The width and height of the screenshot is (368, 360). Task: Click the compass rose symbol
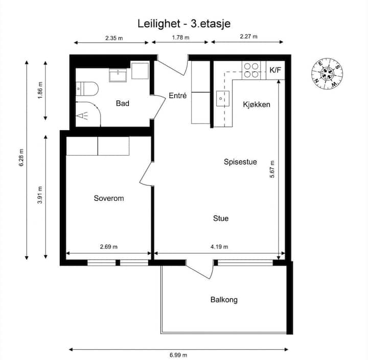point(327,74)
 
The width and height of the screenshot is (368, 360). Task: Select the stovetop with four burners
point(251,70)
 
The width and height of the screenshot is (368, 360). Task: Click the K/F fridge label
point(275,70)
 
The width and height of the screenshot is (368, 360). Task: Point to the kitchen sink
point(222,99)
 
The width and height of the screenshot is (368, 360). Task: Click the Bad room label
point(123,103)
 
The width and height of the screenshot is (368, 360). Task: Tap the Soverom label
point(109,198)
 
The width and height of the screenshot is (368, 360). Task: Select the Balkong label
point(224,300)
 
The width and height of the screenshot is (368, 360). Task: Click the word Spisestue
point(240,162)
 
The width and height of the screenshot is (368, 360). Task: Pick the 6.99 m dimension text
point(178,355)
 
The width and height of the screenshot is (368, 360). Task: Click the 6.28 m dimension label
point(21,157)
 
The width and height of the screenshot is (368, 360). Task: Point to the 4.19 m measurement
point(219,247)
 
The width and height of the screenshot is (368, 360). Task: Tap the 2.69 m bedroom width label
point(109,247)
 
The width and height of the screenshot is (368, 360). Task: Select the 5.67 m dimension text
point(272,170)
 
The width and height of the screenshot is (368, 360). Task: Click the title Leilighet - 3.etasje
point(184,23)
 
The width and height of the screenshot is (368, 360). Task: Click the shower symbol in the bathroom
point(82,115)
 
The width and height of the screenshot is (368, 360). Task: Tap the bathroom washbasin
point(118,75)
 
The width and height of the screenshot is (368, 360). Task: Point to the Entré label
point(178,95)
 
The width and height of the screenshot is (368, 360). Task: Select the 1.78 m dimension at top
point(181,37)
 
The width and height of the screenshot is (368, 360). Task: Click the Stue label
point(221,219)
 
